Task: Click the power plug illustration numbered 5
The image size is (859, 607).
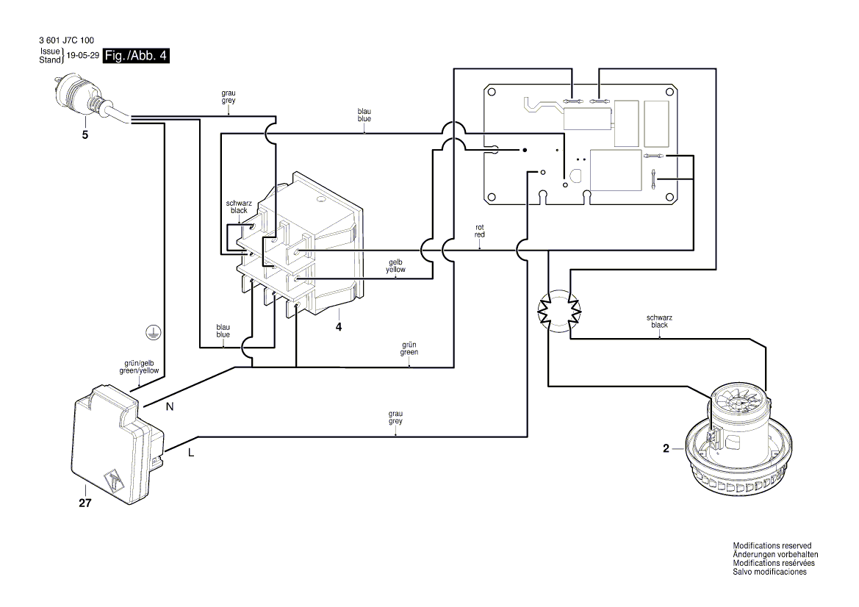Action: (82, 99)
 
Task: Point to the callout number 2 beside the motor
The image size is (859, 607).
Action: (666, 448)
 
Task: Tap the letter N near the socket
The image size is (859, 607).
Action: (170, 406)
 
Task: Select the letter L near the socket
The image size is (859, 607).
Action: (190, 453)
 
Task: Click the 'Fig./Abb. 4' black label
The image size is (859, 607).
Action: (137, 56)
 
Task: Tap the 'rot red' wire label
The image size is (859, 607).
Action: (480, 230)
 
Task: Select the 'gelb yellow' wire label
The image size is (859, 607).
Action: (395, 266)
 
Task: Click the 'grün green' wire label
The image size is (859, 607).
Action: (409, 348)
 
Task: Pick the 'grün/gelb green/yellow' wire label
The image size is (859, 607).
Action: (139, 367)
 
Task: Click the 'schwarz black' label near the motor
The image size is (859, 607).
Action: (659, 320)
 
